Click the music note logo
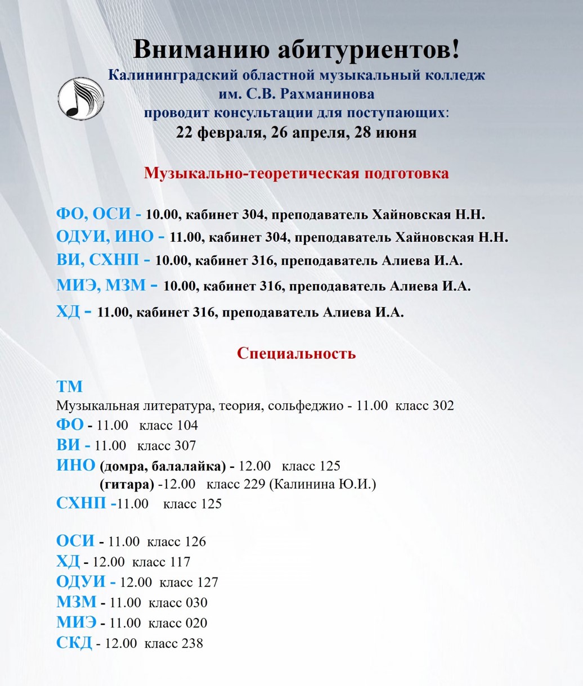[81, 98]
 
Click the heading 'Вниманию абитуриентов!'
[296, 49]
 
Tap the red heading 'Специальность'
[296, 353]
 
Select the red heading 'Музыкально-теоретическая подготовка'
[296, 173]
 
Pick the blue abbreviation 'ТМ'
[69, 386]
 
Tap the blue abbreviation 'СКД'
[74, 643]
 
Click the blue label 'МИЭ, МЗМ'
[101, 285]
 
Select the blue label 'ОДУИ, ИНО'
[104, 237]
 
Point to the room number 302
[443, 405]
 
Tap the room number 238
[192, 643]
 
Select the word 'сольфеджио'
[304, 405]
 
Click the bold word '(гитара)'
[127, 484]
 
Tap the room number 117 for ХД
[180, 562]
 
